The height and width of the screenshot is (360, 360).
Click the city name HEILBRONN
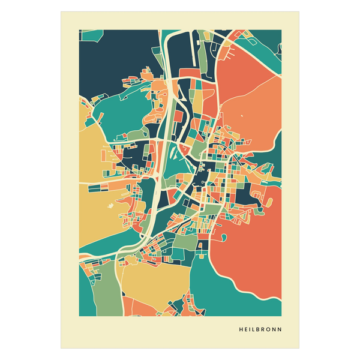click(x=260, y=329)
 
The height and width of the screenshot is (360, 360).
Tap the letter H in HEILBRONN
click(x=241, y=329)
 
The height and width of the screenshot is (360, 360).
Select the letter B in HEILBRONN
click(x=260, y=329)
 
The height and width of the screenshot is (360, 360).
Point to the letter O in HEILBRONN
click(x=269, y=329)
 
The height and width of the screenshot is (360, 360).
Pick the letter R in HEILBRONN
click(x=265, y=329)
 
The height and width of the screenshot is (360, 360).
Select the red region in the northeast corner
click(x=246, y=72)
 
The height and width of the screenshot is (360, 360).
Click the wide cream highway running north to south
click(x=160, y=174)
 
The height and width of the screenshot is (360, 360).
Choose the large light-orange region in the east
click(x=258, y=114)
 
